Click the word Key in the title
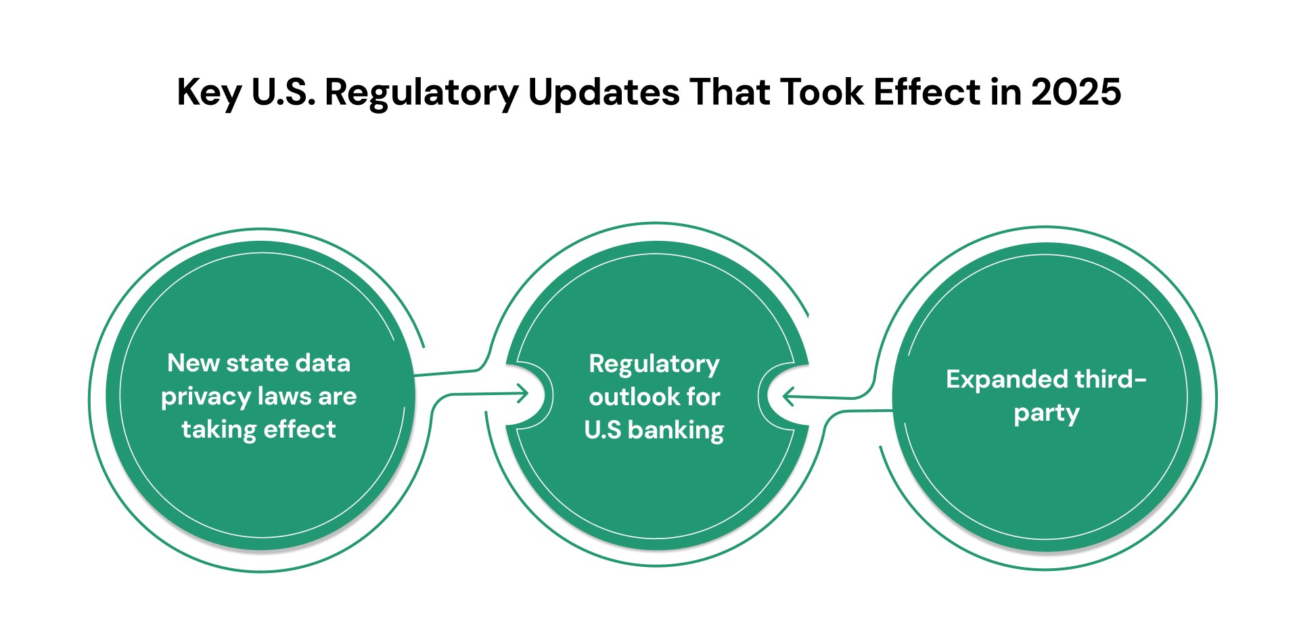click(x=208, y=93)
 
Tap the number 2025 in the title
click(x=1076, y=92)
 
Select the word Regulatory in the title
click(x=421, y=93)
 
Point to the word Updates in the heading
click(x=603, y=93)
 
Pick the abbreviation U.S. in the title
click(x=283, y=92)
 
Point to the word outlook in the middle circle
click(x=624, y=397)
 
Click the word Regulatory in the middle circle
click(x=654, y=365)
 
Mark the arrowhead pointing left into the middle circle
click(x=788, y=396)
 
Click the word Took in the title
click(x=822, y=92)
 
